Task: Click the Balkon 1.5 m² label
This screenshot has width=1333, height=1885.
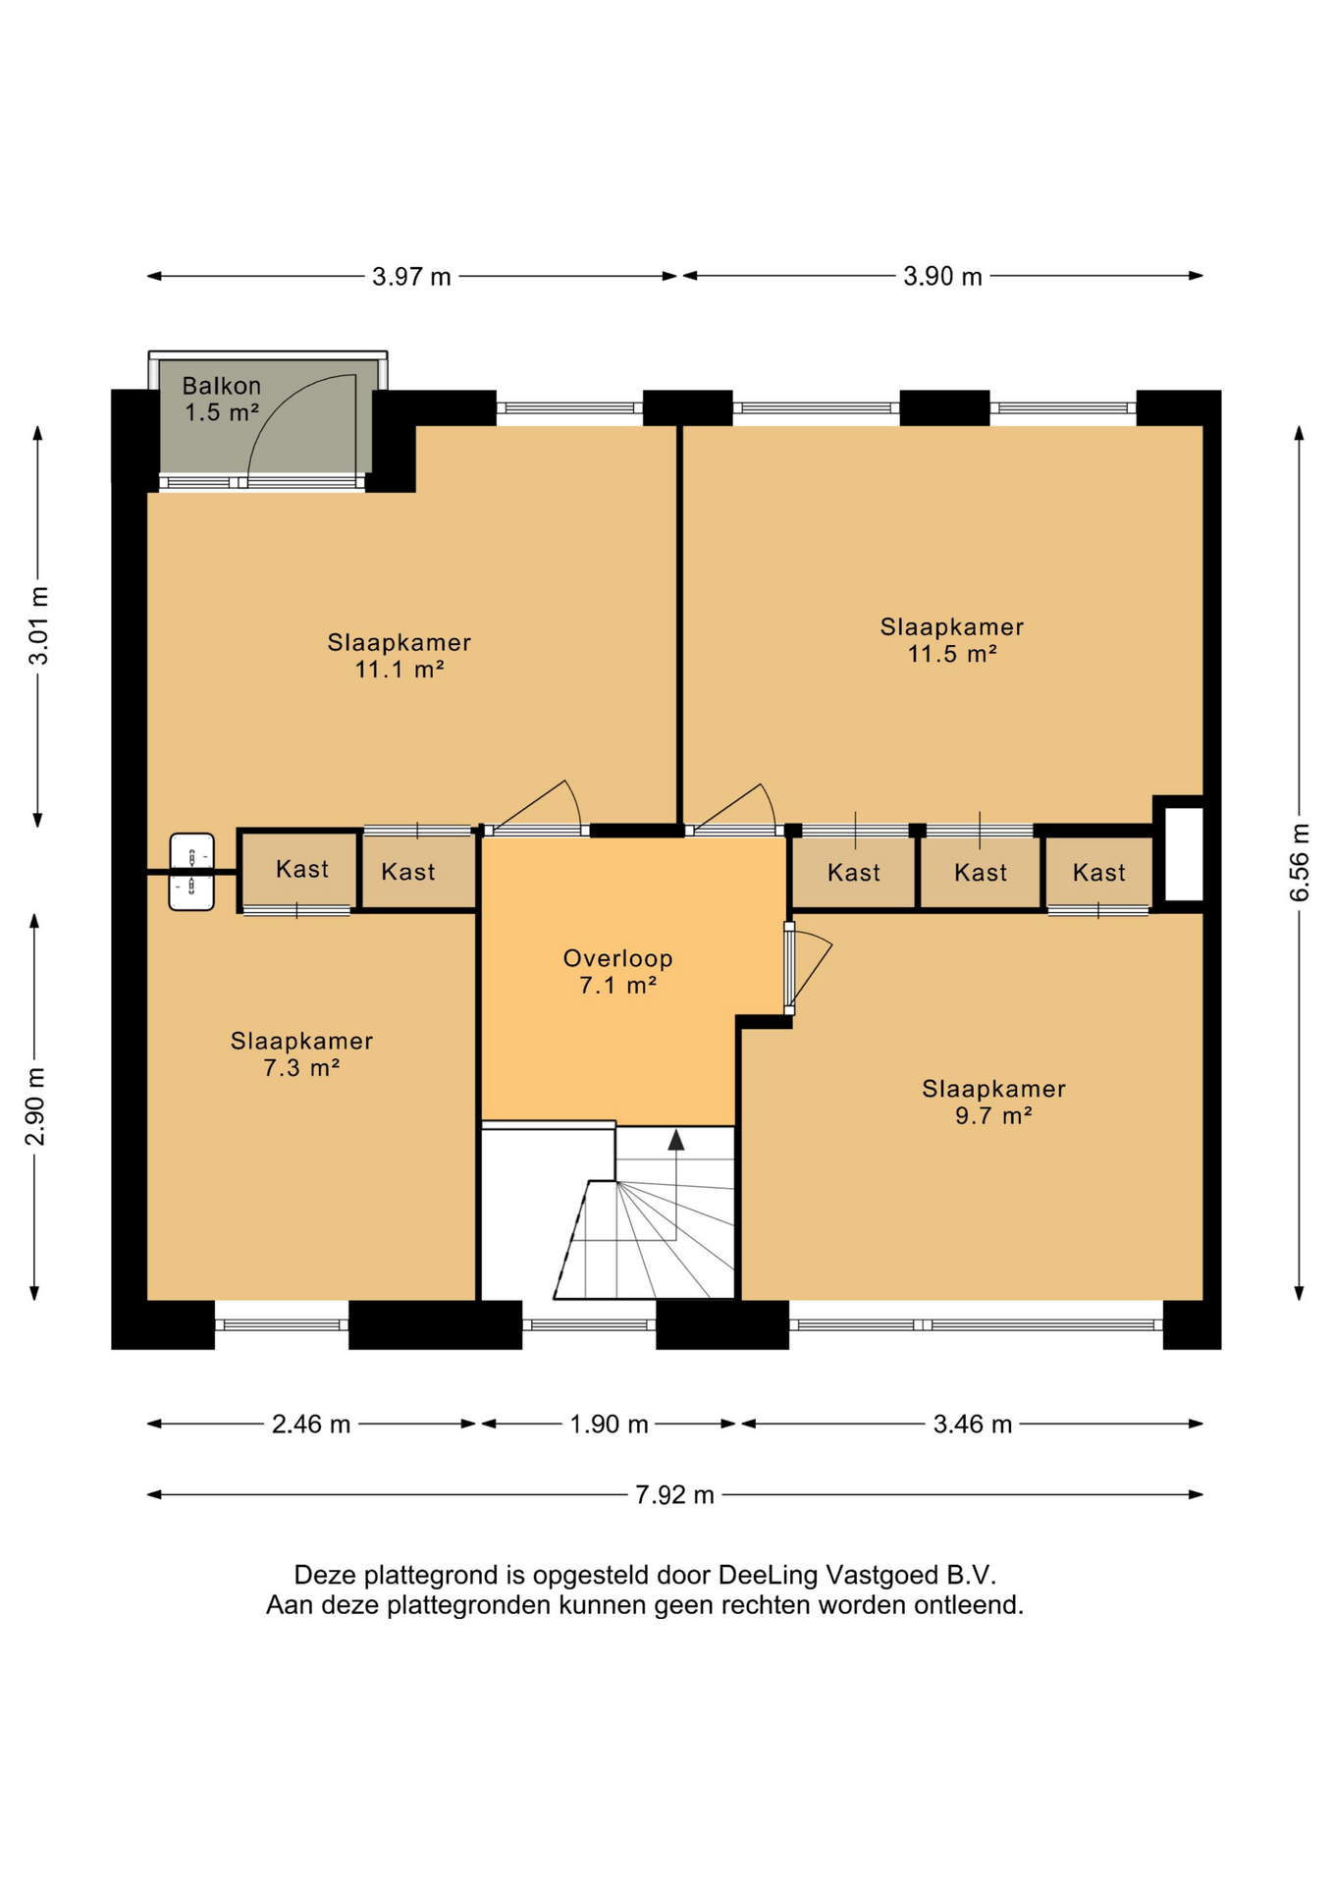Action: pos(222,399)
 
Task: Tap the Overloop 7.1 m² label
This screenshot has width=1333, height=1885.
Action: pos(617,971)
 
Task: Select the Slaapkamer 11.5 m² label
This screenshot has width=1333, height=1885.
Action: pos(951,639)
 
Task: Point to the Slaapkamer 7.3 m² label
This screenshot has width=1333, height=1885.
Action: pos(301,1053)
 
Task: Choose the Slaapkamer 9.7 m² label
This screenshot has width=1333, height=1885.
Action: pos(993,1102)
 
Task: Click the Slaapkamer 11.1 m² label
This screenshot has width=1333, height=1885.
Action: pos(399,655)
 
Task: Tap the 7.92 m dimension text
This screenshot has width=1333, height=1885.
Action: pos(674,1494)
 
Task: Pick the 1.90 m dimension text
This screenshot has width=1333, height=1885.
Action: pos(609,1424)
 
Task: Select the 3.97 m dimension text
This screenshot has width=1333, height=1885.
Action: pos(411,277)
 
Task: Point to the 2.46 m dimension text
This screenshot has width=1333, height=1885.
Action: pos(311,1424)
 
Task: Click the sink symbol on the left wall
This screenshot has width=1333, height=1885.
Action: pos(191,872)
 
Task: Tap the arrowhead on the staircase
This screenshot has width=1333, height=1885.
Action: pos(675,1139)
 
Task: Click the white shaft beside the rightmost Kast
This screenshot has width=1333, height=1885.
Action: pos(1183,853)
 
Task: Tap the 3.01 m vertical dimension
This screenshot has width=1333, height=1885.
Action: pos(37,625)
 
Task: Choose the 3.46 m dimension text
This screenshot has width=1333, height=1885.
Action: pos(972,1424)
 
